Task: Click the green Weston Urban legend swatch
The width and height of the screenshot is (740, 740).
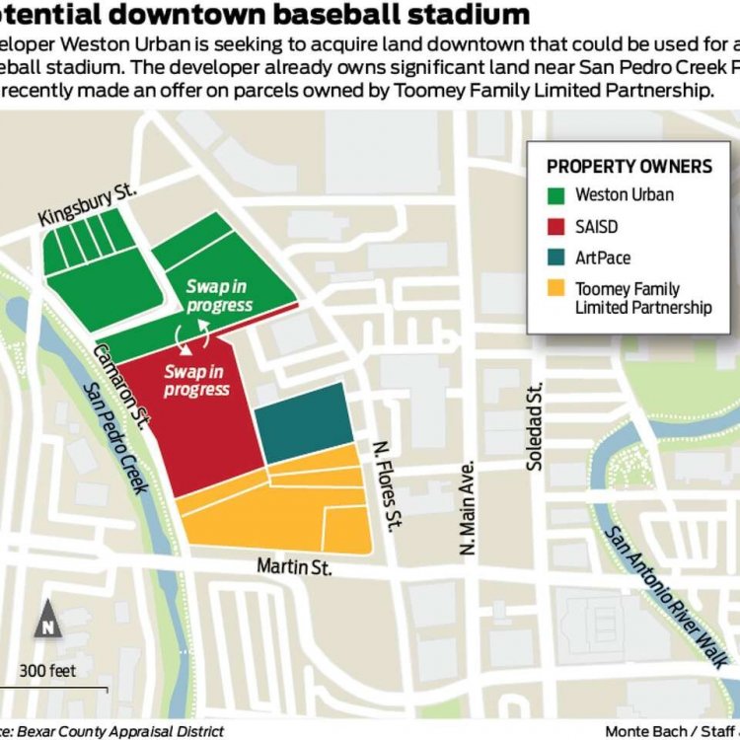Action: pyautogui.click(x=556, y=194)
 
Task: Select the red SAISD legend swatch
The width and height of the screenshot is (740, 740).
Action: pyautogui.click(x=556, y=226)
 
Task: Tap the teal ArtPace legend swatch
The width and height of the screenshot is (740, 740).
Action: pyautogui.click(x=556, y=258)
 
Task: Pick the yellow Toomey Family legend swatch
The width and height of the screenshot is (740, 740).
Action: pyautogui.click(x=556, y=289)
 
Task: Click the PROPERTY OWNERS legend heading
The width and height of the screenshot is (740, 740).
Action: pyautogui.click(x=629, y=166)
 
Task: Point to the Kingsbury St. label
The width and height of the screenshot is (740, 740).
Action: pyautogui.click(x=87, y=204)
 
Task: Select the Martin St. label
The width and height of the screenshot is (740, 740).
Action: pyautogui.click(x=294, y=566)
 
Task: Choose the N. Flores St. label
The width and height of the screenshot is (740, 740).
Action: pyautogui.click(x=384, y=485)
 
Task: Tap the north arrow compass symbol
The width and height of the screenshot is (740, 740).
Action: pyautogui.click(x=47, y=621)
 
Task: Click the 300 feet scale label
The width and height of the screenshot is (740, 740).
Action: pyautogui.click(x=47, y=671)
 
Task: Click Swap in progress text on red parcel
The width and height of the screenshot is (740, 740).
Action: pyautogui.click(x=196, y=380)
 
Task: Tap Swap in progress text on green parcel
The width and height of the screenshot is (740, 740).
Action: pyautogui.click(x=219, y=296)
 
